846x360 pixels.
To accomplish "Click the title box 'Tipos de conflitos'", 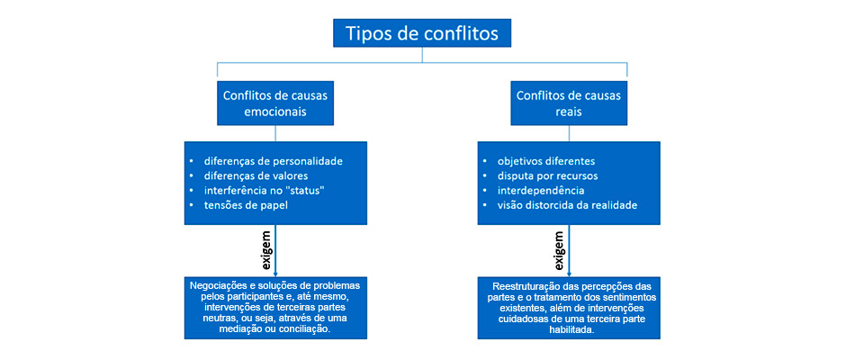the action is [421, 33].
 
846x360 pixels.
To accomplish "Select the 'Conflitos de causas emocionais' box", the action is [275, 103].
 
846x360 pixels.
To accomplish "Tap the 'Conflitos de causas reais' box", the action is [568, 103].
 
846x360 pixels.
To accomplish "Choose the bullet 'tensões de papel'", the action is [242, 205].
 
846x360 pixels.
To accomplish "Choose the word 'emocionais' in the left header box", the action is [275, 112].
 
